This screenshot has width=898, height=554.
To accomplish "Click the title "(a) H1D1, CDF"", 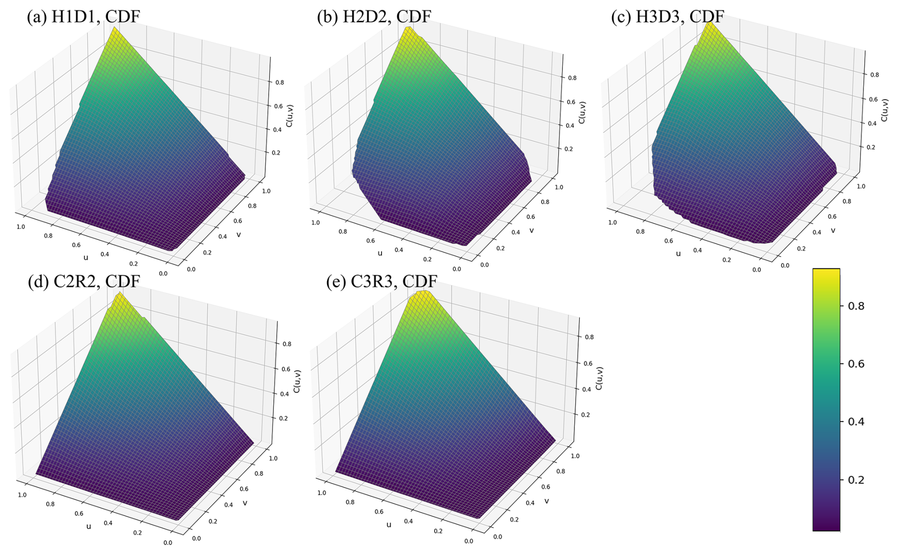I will point(84,16).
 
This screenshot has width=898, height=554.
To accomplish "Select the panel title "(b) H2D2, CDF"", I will point(374,16).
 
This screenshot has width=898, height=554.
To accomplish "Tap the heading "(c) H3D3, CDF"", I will point(667,16).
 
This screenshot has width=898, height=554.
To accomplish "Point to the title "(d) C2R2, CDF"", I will point(84,282).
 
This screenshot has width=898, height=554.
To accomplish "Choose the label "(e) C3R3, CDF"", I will point(382,282).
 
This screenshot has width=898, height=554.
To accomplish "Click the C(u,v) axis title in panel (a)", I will point(290,116).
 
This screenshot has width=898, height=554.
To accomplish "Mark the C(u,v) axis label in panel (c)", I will point(884,110).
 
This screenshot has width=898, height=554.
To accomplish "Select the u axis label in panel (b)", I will point(380,253).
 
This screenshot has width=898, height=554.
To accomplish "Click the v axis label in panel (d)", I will point(245,502).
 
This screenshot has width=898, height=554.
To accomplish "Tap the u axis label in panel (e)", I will point(389,524).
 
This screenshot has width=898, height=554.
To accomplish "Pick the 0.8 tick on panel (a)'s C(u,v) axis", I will point(279,82).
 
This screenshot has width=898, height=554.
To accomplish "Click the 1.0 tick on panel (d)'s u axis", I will point(22,495).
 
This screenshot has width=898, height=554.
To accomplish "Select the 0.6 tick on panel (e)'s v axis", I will point(546,487).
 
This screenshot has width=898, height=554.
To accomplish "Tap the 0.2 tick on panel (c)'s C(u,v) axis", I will point(870,147).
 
